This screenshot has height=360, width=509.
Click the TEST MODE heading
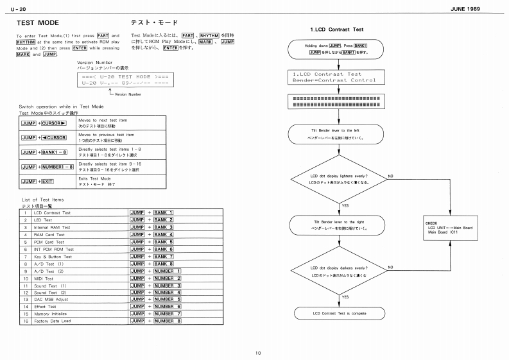[39, 22]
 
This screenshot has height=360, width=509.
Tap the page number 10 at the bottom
[257, 352]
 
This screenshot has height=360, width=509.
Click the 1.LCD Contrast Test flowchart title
[336, 30]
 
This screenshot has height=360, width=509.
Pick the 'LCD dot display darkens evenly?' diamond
[338, 270]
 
